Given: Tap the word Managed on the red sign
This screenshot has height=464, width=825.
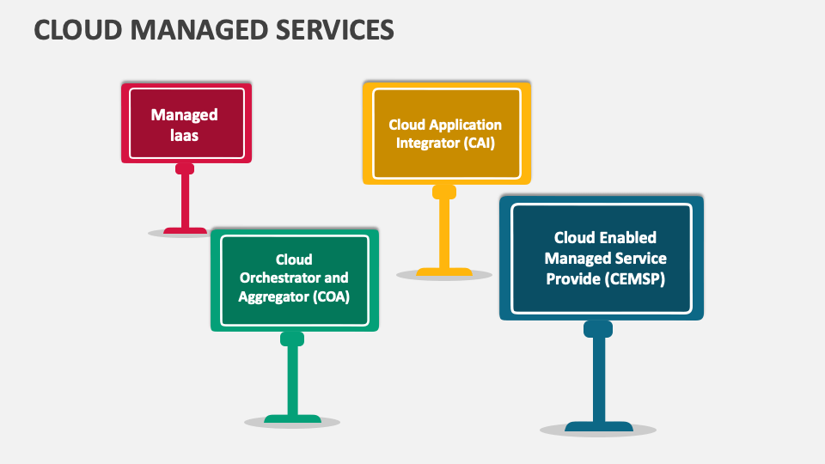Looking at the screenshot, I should click(x=185, y=114).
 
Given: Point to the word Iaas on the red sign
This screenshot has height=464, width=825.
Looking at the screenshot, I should click(x=185, y=134).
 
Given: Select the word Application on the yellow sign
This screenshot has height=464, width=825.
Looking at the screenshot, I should click(x=468, y=125).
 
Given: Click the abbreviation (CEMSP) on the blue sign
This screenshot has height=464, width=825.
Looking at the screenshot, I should click(x=635, y=278).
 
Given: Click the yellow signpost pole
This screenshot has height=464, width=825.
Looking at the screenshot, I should click(x=444, y=232).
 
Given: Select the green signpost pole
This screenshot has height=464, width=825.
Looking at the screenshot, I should click(x=292, y=378).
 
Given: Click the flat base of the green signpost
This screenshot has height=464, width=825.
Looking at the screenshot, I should click(x=292, y=419).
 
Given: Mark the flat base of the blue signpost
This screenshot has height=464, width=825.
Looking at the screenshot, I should click(x=598, y=426).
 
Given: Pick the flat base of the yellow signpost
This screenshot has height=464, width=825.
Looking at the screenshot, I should click(x=444, y=272).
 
